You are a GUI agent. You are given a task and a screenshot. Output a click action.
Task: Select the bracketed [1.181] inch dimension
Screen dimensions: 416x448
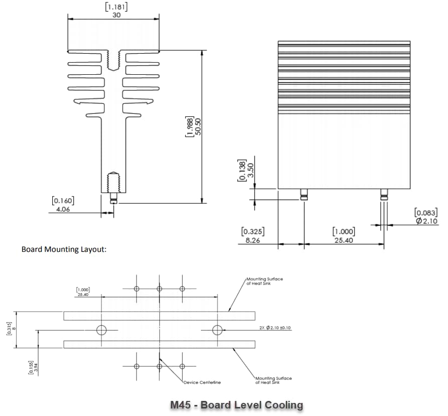coord(116,7)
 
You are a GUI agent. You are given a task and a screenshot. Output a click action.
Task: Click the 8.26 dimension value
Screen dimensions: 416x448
coord(253,240)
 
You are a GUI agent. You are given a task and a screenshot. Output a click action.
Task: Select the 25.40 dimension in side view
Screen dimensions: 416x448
coord(344,240)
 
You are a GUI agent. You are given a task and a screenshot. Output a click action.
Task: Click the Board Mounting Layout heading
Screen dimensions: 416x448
coord(64,249)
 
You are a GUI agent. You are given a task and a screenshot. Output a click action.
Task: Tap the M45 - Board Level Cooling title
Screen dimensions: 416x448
coord(237,404)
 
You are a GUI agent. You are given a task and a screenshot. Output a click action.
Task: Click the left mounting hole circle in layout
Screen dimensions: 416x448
coord(102,330)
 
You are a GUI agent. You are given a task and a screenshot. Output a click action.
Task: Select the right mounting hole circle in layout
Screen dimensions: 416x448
coord(217,330)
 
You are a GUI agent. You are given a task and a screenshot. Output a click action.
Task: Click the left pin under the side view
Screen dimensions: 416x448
coord(304,195)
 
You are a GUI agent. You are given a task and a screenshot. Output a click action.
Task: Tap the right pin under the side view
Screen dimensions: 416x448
coord(384,195)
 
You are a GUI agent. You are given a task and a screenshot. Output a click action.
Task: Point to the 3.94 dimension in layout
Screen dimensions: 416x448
coord(35,367)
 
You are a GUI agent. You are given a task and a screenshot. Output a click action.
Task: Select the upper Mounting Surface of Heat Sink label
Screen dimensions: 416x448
coord(264,281)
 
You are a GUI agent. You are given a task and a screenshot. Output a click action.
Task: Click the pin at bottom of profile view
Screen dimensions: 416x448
coord(114,198)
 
